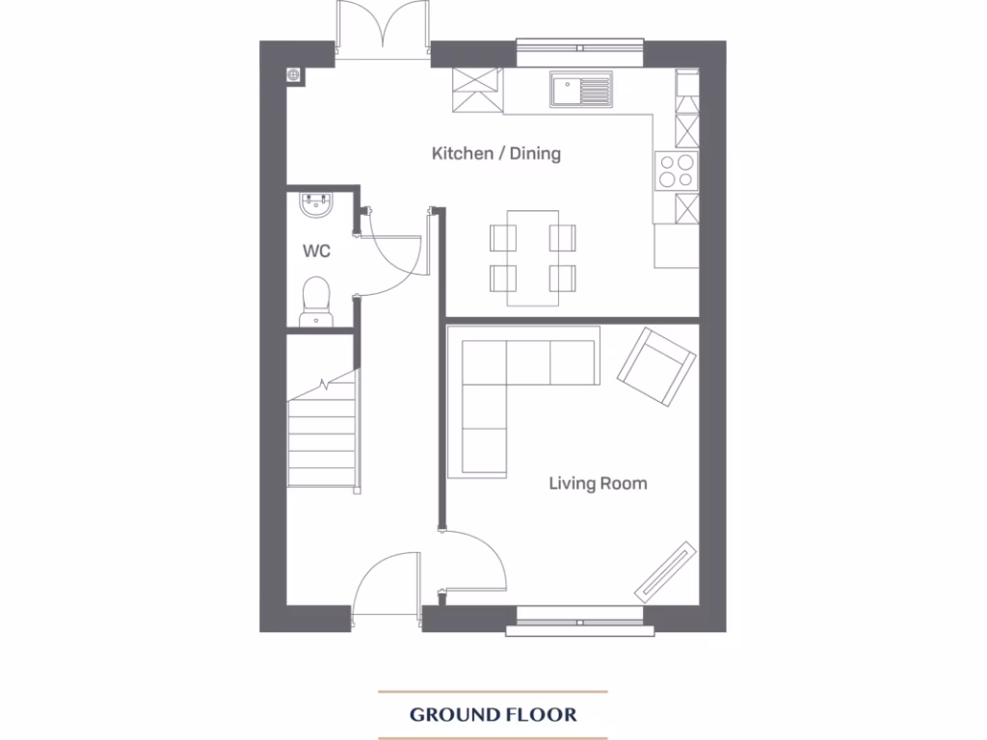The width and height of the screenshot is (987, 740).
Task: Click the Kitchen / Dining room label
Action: (495, 153)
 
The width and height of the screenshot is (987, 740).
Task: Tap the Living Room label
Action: (598, 483)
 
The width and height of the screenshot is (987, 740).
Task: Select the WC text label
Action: (316, 251)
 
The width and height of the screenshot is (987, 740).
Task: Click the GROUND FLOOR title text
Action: (493, 715)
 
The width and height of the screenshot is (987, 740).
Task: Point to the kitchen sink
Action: (581, 91)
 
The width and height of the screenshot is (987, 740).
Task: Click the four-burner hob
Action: (676, 170)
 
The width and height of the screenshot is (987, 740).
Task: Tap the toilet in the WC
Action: (314, 302)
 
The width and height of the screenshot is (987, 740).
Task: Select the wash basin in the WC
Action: (316, 204)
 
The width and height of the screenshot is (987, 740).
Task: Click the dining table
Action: (533, 257)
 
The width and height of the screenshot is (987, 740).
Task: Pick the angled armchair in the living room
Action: (655, 366)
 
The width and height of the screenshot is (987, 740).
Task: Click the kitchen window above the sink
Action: (580, 43)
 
